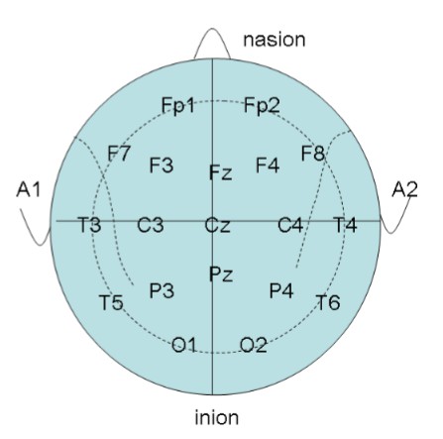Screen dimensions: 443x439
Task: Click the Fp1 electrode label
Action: point(177,106)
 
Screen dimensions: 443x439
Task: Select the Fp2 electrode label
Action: point(262,105)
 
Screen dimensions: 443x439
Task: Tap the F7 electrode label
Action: point(120,154)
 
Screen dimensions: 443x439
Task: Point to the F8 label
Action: point(313,154)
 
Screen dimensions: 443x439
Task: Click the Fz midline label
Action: point(221,172)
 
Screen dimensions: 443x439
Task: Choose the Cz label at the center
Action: point(217,225)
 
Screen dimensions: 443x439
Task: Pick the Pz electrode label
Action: point(221,274)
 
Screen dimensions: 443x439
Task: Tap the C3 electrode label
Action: point(151,225)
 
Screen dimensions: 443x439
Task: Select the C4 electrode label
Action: point(290,225)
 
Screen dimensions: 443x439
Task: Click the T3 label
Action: point(89,225)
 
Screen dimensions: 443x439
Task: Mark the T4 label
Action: point(345,225)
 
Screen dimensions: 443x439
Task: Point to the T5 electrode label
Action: point(111,302)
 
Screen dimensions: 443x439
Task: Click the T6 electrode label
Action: point(328,302)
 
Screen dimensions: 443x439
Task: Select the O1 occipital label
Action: point(184,345)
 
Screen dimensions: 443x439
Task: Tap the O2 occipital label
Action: point(253,345)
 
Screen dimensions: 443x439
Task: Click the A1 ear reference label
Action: point(28,190)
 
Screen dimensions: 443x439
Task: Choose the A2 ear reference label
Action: point(404,190)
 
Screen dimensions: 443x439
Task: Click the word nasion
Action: point(275,40)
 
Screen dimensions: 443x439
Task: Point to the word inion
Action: point(217,417)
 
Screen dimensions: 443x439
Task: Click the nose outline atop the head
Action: point(212,29)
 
